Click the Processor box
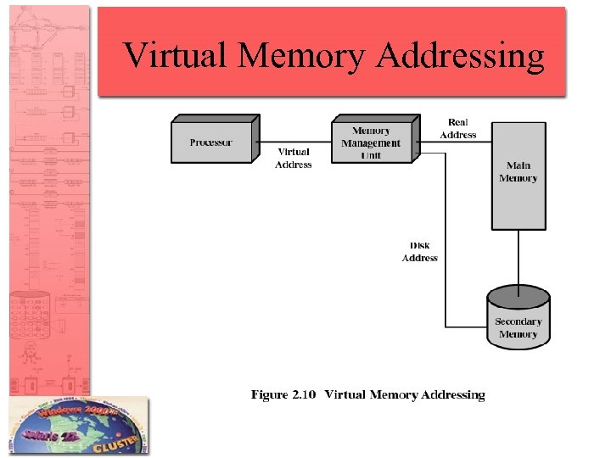click(x=212, y=142)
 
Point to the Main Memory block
click(x=519, y=176)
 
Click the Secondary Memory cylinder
click(x=519, y=317)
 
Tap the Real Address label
click(x=458, y=129)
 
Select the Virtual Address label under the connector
click(x=294, y=159)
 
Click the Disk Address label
click(x=420, y=252)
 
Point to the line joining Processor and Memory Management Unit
click(x=294, y=141)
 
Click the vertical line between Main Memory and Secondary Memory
click(x=519, y=259)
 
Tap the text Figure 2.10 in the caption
click(x=283, y=394)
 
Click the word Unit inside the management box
click(x=372, y=155)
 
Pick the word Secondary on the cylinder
click(x=519, y=321)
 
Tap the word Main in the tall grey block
click(x=519, y=165)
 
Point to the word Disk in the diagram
click(x=420, y=246)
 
